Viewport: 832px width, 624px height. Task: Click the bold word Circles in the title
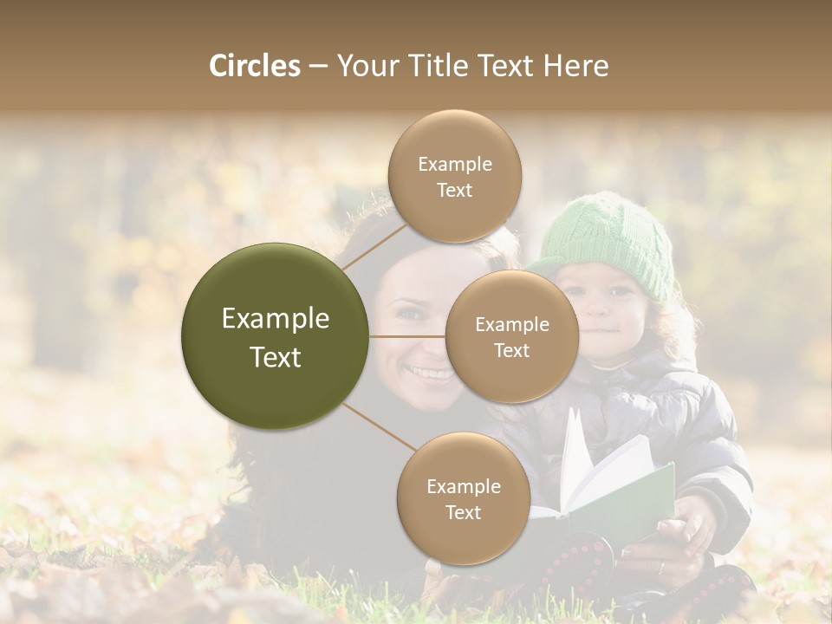(x=254, y=66)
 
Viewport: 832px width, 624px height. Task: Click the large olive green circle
(x=275, y=336)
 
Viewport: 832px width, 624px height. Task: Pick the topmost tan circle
(x=454, y=177)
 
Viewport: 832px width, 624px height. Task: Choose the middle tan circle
(x=511, y=336)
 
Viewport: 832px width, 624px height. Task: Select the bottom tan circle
(x=463, y=498)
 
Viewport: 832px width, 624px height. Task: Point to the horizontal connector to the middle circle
(x=407, y=336)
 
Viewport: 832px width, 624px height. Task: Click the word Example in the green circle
(x=275, y=319)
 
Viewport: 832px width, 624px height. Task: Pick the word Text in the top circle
(x=454, y=191)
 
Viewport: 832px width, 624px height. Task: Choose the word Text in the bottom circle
(x=463, y=512)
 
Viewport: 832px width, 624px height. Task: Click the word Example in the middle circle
(x=511, y=325)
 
